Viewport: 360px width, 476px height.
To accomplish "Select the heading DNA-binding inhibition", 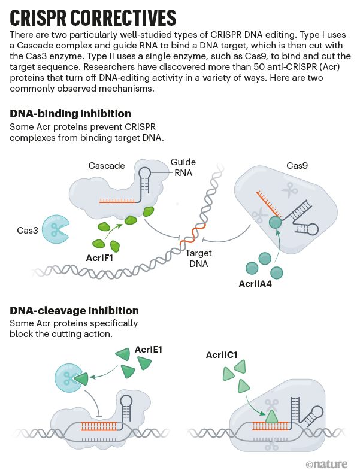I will (x=71, y=114).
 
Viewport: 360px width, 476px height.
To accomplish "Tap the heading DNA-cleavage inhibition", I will (x=74, y=311).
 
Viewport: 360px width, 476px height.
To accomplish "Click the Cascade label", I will (x=106, y=165).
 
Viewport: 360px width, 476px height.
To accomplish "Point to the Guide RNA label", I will (x=183, y=167).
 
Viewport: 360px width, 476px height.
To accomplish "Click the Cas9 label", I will (x=297, y=165).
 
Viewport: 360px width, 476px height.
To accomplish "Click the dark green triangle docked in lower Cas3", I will (x=81, y=378).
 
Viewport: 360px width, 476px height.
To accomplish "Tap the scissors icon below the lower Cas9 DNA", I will (x=273, y=444).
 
